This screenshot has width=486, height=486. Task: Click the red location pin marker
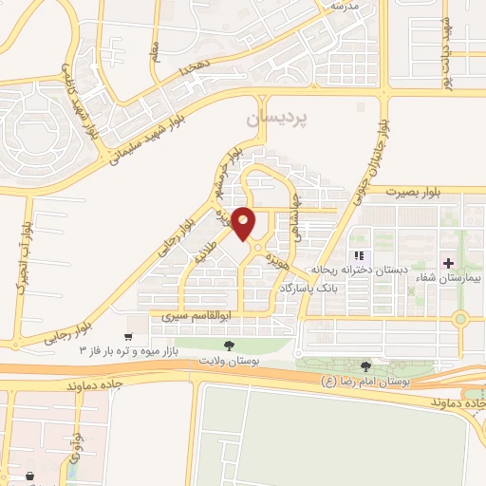click(245, 223)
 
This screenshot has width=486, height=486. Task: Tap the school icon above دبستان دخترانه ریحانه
click(358, 255)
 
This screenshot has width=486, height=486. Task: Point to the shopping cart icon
click(129, 336)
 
